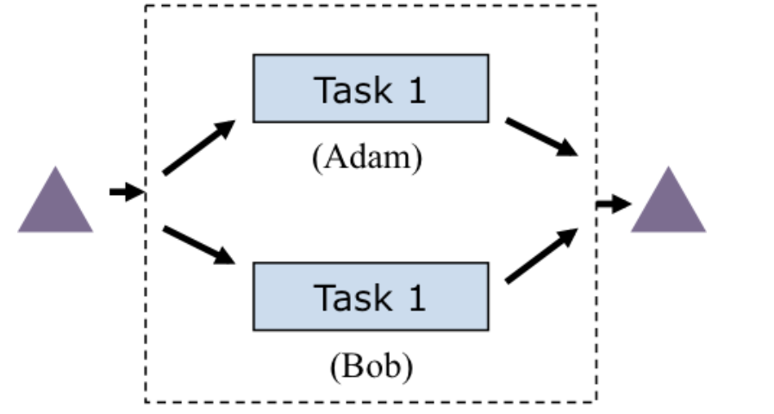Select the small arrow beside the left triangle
[126, 191]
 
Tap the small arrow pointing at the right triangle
[614, 204]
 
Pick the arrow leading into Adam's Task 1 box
[199, 147]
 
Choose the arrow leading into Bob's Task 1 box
[199, 245]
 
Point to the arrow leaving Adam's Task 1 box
[541, 137]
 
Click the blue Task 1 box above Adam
[371, 88]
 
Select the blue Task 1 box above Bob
[371, 297]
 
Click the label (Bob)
[371, 367]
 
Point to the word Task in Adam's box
[349, 90]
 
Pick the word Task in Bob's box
[349, 298]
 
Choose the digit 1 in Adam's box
[416, 90]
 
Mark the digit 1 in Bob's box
[416, 298]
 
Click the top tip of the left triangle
[55, 167]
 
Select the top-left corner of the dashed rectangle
[146, 6]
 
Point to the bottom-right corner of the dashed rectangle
[596, 402]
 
